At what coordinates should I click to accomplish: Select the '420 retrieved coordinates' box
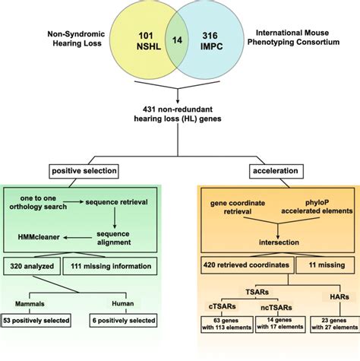237,265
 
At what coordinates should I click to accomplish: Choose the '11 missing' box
321,265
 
